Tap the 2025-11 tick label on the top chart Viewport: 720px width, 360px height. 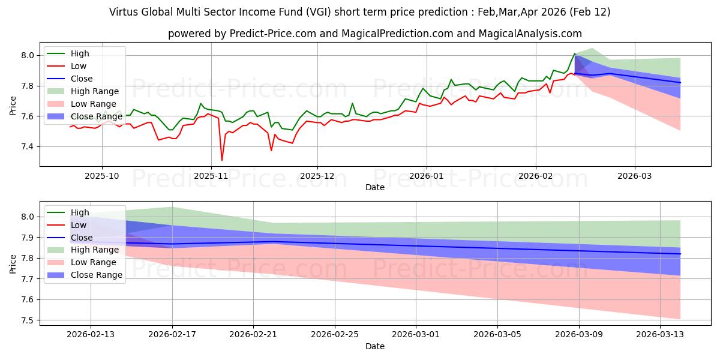[x=211, y=176]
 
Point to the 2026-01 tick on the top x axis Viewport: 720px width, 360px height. [x=426, y=176]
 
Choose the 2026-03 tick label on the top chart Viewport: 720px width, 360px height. [x=635, y=176]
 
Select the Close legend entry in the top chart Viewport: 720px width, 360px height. [x=82, y=79]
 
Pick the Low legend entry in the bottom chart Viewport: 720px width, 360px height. [x=79, y=225]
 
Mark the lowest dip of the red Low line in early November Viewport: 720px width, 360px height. [x=222, y=160]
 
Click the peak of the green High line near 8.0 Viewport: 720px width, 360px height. [x=575, y=53]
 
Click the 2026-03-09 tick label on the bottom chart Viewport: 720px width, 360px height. [x=578, y=335]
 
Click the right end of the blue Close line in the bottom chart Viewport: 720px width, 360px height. [x=680, y=254]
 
